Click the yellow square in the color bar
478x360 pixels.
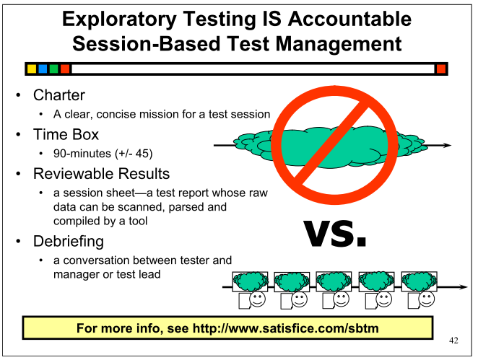tap(32, 69)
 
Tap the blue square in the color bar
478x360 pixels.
tap(43, 69)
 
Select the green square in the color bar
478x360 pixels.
tap(54, 69)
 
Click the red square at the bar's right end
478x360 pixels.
tap(441, 69)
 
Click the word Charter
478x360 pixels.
tap(59, 95)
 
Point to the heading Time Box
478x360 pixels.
tap(66, 134)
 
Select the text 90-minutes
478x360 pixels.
tap(82, 153)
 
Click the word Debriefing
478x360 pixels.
tap(69, 241)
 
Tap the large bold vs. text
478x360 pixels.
tap(335, 233)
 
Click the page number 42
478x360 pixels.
tap(453, 341)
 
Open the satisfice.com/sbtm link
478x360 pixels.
tap(286, 328)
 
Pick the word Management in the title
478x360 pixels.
tap(339, 43)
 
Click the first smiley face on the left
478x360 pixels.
tap(258, 299)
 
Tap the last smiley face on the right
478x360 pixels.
tap(427, 299)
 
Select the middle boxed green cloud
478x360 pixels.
tap(334, 282)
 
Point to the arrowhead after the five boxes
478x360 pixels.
tap(464, 287)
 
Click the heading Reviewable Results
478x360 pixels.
tap(102, 174)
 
